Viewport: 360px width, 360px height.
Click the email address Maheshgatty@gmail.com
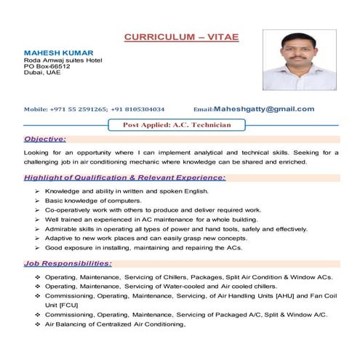[264, 109]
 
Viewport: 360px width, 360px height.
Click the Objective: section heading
[45, 138]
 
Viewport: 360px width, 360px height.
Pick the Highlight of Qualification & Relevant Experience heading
[124, 177]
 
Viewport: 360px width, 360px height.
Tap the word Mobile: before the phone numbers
[36, 110]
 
